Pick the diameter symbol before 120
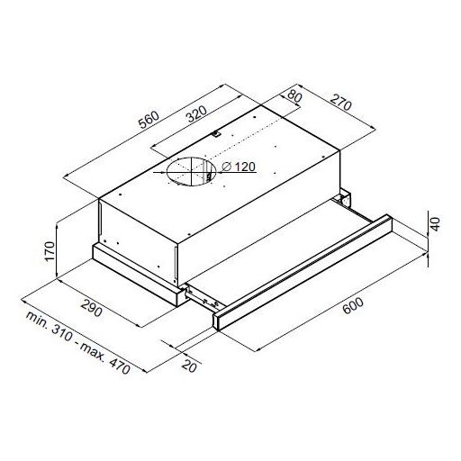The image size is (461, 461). coord(222,165)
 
